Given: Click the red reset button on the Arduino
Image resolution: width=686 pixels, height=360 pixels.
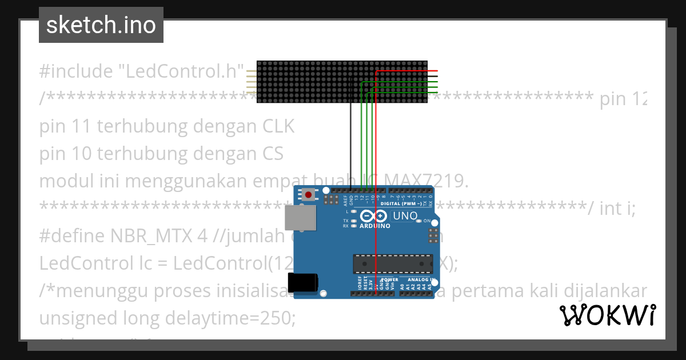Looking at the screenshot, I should (x=309, y=195).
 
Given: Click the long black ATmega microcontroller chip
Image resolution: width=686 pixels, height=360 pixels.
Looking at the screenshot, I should (x=392, y=263).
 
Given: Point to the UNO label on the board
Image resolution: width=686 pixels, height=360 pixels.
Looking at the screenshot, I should (x=405, y=217).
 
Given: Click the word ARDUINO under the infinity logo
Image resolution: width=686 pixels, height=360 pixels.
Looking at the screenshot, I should (x=374, y=226).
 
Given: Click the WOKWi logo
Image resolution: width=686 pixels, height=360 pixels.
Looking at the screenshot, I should (x=607, y=315).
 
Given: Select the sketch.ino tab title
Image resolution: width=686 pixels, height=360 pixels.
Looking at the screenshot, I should (x=101, y=25).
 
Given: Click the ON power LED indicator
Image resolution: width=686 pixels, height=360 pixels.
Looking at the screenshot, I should (x=420, y=220).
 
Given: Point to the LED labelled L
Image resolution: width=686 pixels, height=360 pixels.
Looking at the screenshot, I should (x=354, y=211).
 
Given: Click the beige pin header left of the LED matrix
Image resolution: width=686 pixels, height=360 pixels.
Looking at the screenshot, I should (x=251, y=82).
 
